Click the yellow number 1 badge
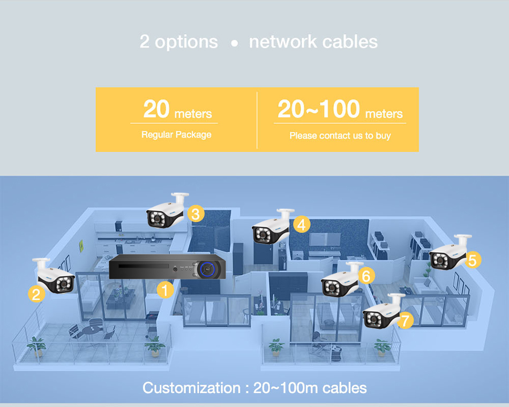pos(166,290)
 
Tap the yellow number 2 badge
pos(36,293)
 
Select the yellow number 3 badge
pos(196,214)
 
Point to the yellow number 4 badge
pos(302,225)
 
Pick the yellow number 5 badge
pos(472,260)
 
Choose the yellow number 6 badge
pos(366,276)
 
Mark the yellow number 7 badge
pos(405,321)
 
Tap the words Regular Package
pos(176,134)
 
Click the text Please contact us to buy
pos(340,135)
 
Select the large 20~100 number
pos(318,109)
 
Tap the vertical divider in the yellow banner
pos(257,120)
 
